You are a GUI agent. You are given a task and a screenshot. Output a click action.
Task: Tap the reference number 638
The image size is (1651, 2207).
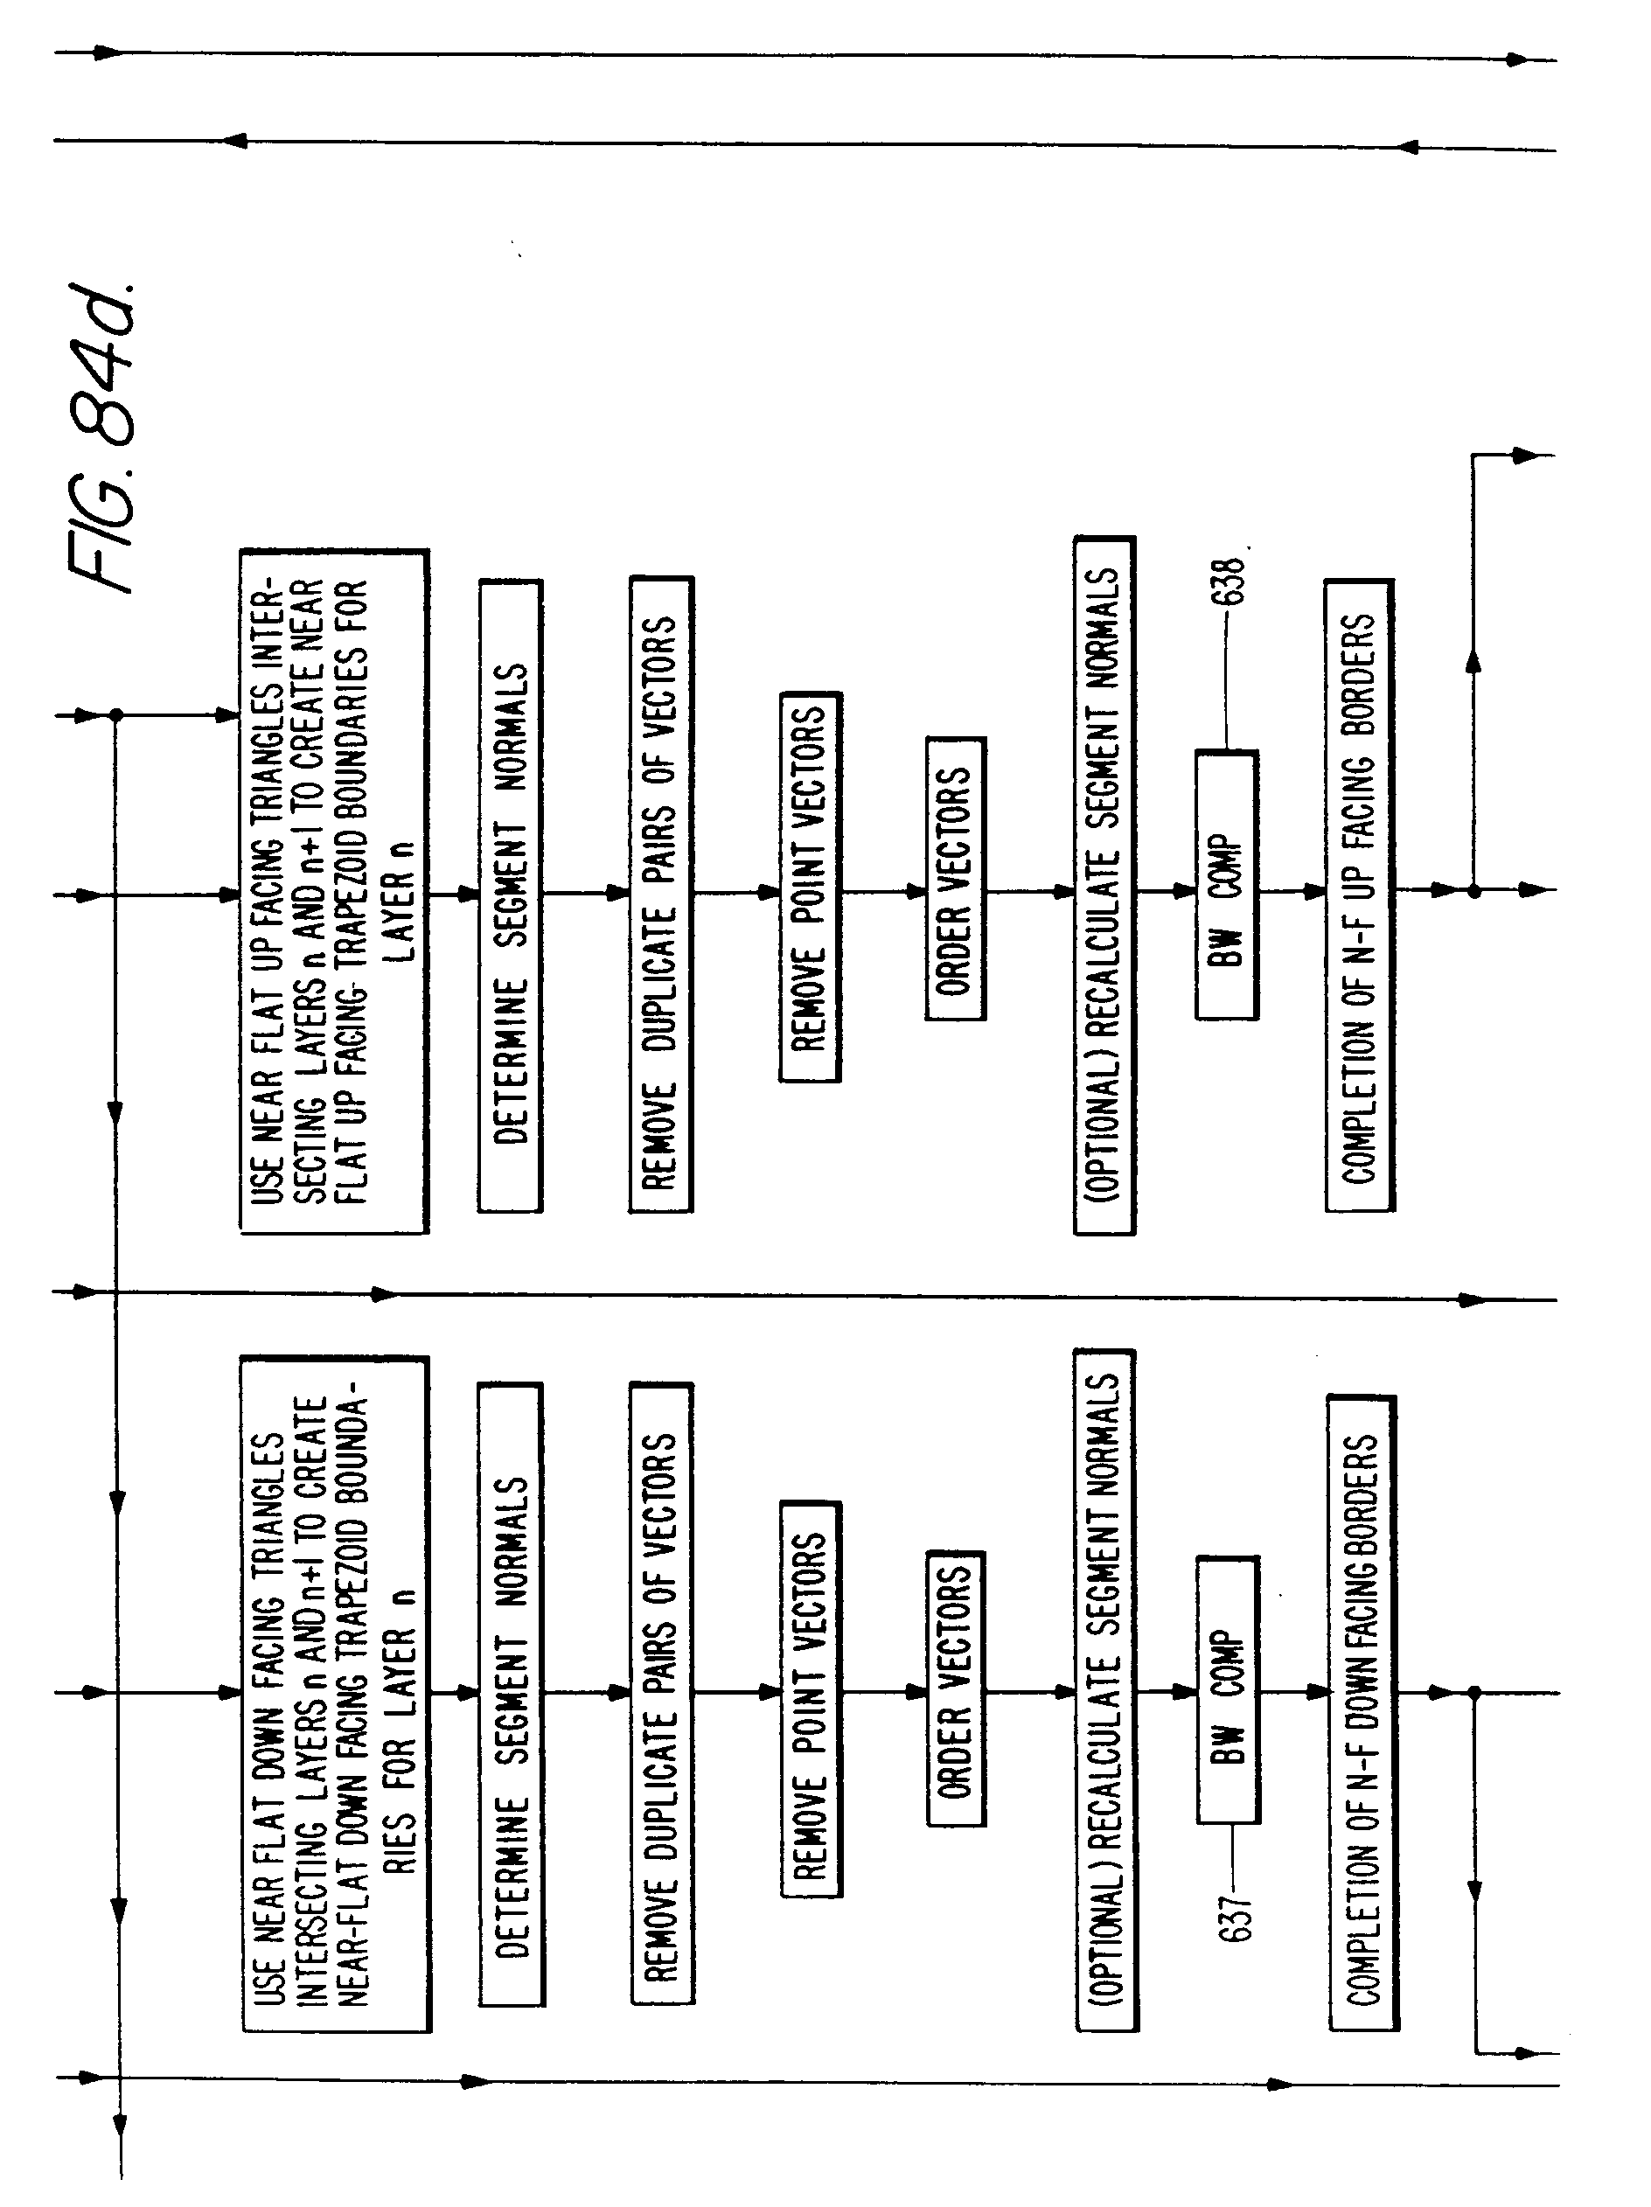[1233, 580]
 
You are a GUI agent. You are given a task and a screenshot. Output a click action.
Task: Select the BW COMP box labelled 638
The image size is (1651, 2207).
[1226, 885]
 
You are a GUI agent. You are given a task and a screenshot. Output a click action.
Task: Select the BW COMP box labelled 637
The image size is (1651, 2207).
[1228, 1690]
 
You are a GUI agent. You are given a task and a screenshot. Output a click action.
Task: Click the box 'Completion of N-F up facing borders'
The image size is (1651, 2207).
[1359, 895]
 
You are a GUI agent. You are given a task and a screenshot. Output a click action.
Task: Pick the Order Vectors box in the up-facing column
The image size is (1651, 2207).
[955, 879]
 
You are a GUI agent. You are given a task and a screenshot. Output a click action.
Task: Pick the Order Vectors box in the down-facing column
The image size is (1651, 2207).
[956, 1688]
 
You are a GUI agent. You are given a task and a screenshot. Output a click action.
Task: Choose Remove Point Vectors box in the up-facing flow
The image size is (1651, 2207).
[809, 887]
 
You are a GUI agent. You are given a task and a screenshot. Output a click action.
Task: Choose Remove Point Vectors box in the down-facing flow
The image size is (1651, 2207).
[811, 1698]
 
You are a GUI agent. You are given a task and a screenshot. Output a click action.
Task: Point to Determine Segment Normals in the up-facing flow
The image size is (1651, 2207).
[510, 895]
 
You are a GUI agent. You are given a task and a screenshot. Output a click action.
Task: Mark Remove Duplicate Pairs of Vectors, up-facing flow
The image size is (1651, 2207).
[659, 894]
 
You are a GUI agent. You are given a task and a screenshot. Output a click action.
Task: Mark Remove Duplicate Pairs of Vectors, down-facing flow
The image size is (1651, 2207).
[661, 1693]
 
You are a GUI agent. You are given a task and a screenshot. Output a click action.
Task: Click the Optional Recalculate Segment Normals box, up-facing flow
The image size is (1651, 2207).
[1104, 886]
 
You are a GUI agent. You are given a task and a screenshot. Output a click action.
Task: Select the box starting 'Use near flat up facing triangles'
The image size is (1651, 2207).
[334, 891]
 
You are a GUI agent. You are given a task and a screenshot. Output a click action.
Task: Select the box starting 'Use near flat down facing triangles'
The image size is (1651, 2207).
[335, 1693]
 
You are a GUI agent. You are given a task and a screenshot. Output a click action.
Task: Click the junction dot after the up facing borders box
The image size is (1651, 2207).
[1473, 891]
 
